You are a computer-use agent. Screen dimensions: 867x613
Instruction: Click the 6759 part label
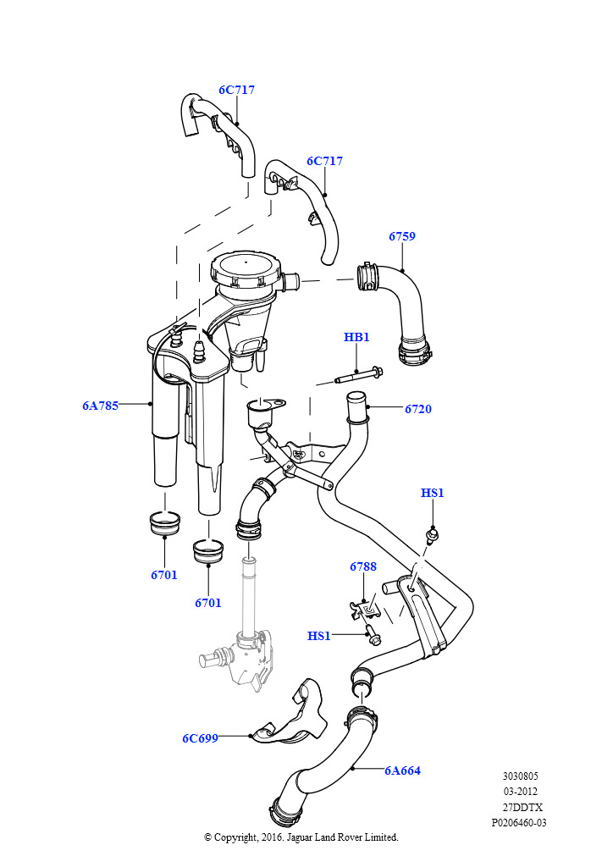[402, 237]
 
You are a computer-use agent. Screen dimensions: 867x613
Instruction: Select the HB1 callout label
[356, 337]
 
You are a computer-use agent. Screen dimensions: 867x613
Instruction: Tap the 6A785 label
[100, 406]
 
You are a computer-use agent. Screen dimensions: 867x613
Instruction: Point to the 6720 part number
[417, 409]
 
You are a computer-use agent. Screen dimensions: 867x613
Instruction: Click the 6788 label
[363, 566]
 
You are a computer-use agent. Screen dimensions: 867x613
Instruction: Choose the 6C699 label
[200, 738]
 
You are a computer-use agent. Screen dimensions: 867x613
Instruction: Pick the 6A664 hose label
[402, 770]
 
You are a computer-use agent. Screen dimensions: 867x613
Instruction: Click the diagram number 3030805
[520, 776]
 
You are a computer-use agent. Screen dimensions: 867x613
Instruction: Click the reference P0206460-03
[519, 822]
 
